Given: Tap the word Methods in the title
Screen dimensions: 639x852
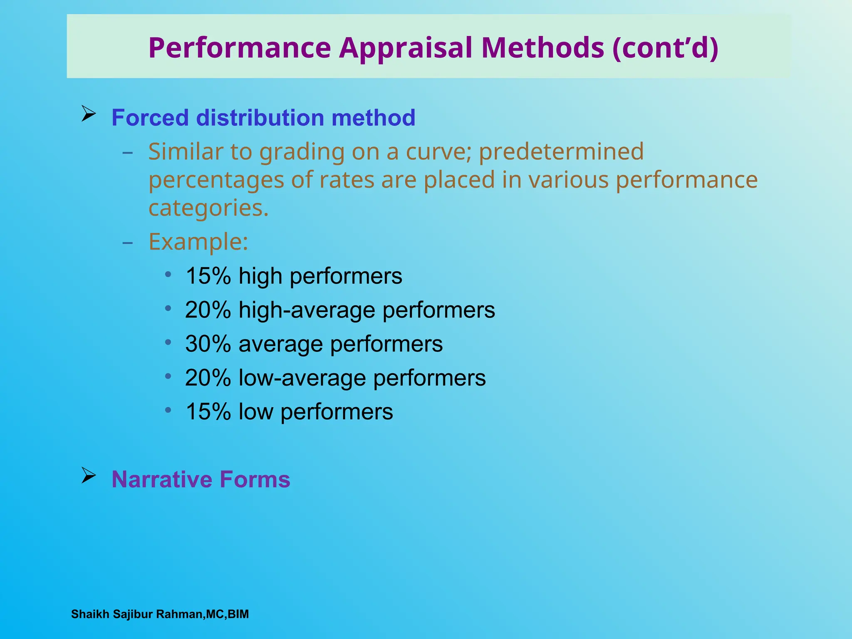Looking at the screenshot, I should [x=542, y=47].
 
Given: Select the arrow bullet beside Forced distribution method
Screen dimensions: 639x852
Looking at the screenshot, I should [x=88, y=113].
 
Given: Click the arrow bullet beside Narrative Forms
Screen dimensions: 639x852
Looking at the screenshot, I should [x=88, y=475].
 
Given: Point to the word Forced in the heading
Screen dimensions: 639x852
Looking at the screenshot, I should [x=150, y=118].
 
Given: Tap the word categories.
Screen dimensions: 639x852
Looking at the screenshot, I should [x=208, y=208].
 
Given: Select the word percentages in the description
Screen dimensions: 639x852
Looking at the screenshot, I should [x=216, y=180].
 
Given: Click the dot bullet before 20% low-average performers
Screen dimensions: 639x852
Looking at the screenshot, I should [x=168, y=376].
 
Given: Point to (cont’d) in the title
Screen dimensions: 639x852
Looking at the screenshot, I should [x=665, y=48].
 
